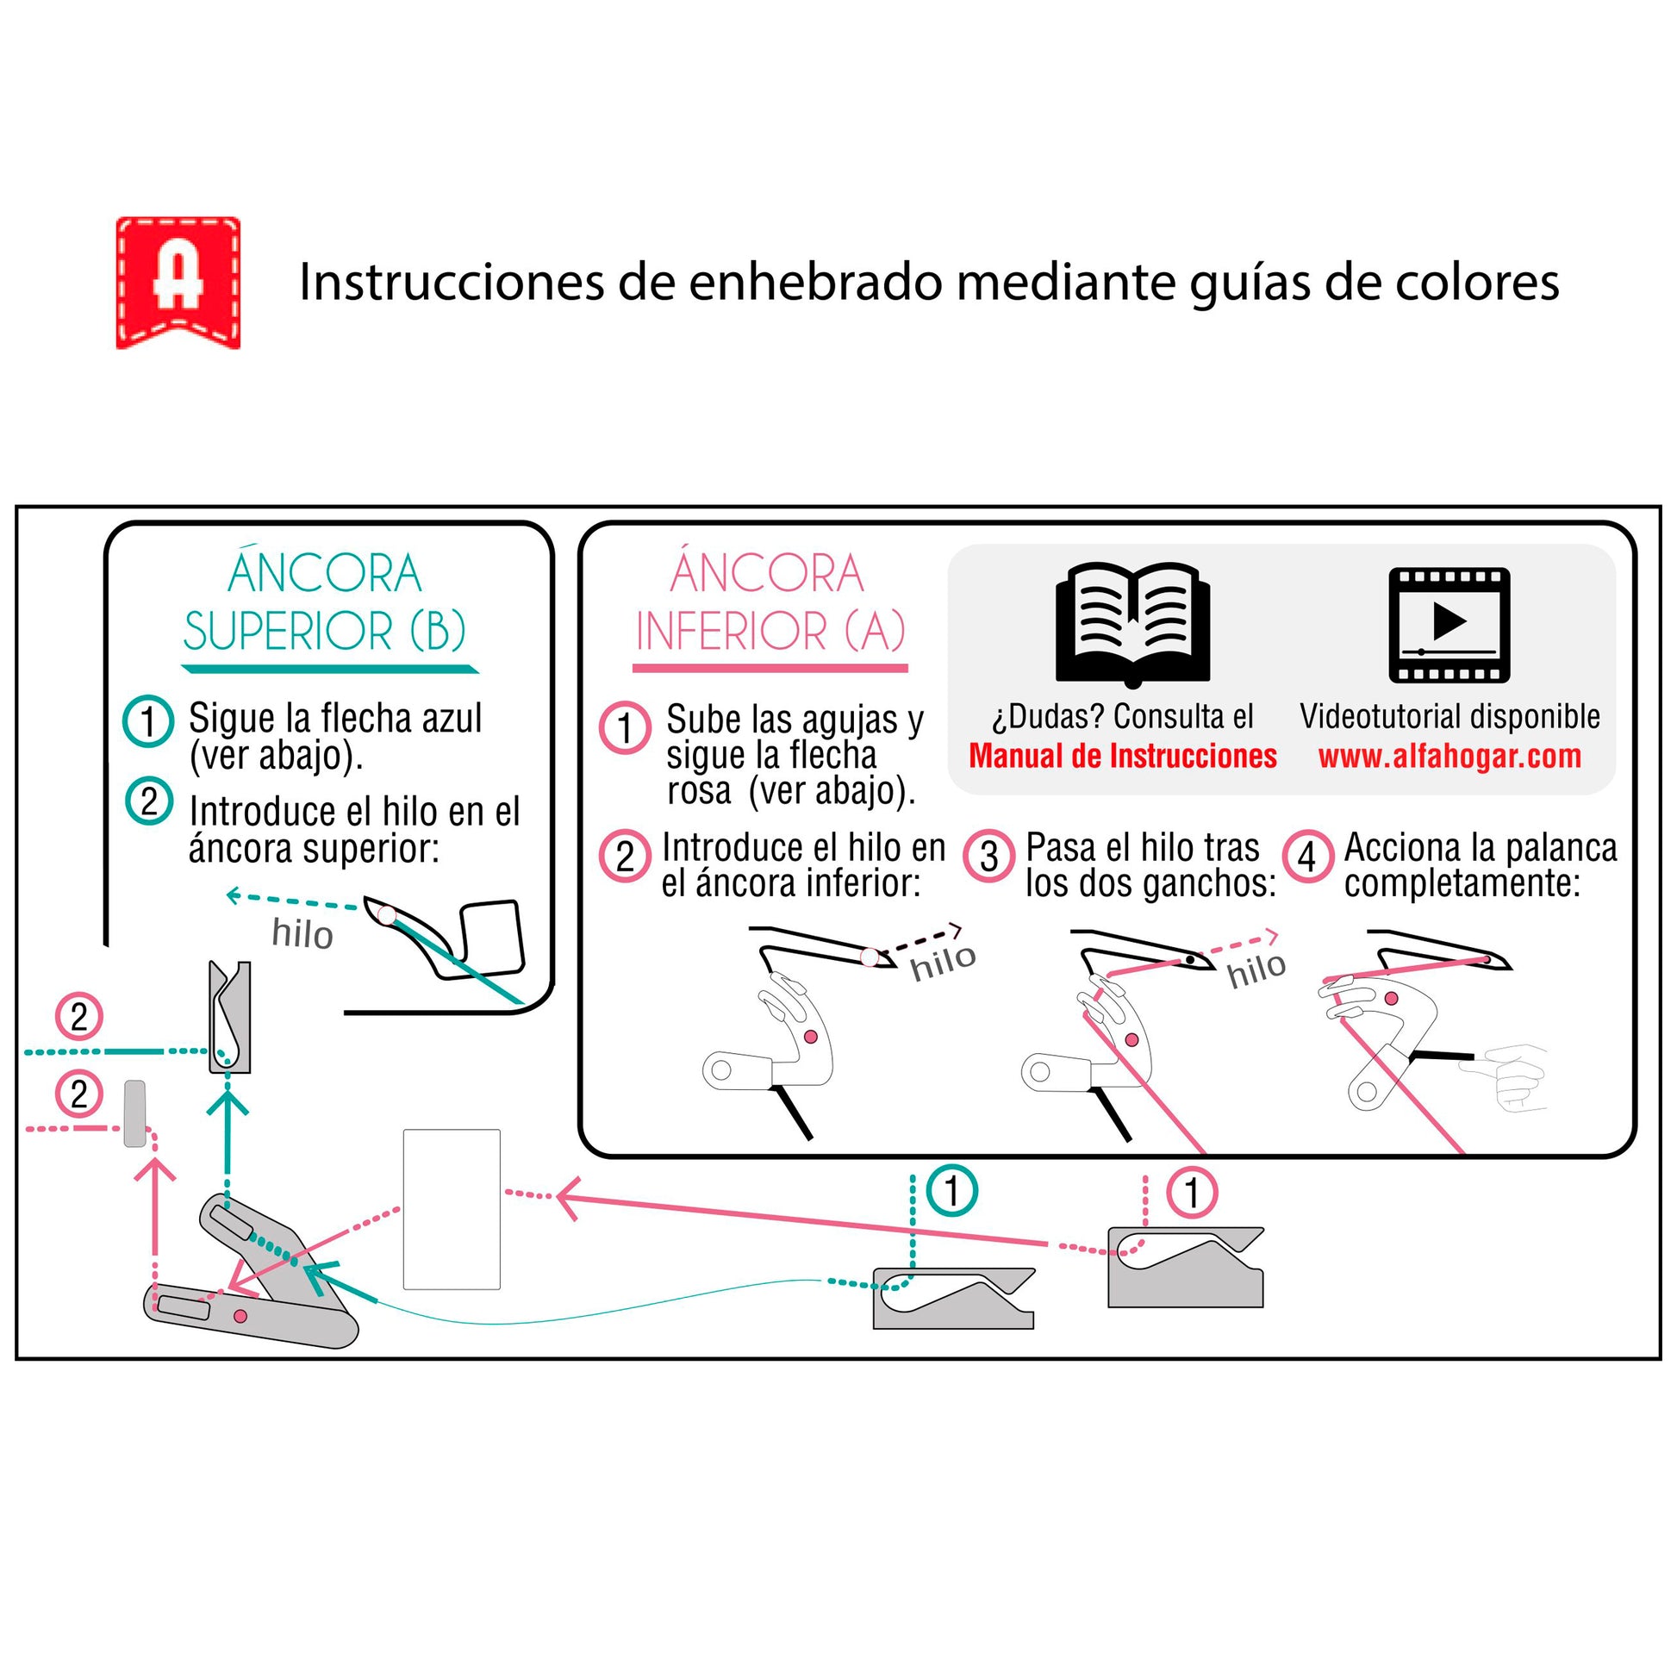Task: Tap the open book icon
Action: [x=1132, y=623]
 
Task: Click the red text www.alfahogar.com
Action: [x=1449, y=757]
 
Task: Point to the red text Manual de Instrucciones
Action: [x=1122, y=756]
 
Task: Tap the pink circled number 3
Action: [x=988, y=857]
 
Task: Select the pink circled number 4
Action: [x=1307, y=857]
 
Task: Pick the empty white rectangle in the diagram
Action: [x=452, y=1209]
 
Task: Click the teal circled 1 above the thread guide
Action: [x=951, y=1191]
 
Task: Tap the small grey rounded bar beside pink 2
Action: [x=134, y=1113]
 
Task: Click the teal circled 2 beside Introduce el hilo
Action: [x=149, y=801]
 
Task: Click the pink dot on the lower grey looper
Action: [x=240, y=1316]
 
